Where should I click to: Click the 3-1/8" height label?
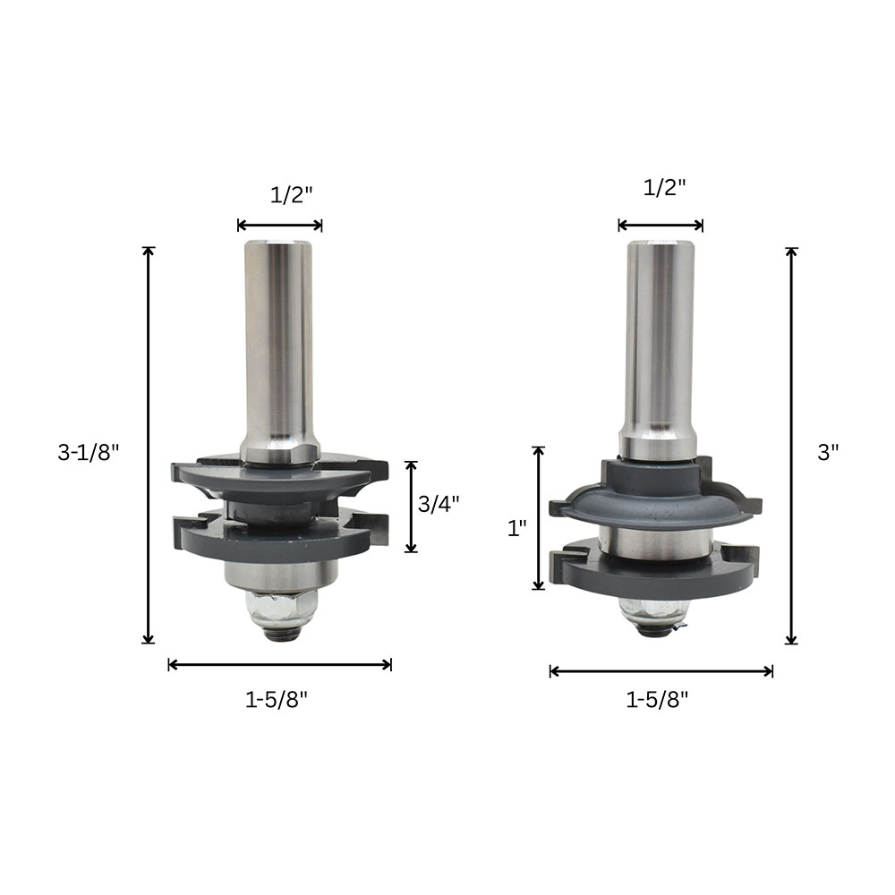click(x=89, y=453)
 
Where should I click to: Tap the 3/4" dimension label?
click(x=439, y=504)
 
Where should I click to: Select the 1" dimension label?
click(x=517, y=528)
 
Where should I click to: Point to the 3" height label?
click(x=828, y=453)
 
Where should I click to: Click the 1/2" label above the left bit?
click(x=292, y=195)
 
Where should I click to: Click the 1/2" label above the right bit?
click(x=664, y=187)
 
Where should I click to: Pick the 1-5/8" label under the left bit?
click(x=277, y=699)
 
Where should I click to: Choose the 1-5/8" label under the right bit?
click(x=658, y=699)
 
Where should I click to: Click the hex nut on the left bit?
click(x=281, y=606)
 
